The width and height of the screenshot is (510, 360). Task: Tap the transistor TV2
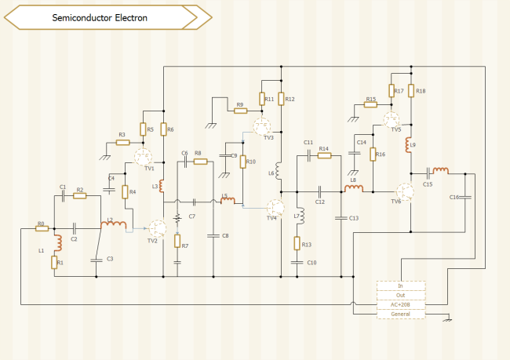[x=158, y=227]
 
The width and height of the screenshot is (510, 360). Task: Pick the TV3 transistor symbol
[x=264, y=125]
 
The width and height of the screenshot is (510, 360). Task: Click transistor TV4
[x=274, y=207]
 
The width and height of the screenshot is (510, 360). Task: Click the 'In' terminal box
[x=401, y=285]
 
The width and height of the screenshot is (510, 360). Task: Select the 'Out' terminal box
[x=401, y=295]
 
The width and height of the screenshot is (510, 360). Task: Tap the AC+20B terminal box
[x=401, y=304]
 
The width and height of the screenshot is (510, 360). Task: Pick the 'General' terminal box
[x=401, y=314]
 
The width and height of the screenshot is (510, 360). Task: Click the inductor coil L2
[x=115, y=227]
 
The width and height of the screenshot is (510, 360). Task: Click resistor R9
[x=240, y=111]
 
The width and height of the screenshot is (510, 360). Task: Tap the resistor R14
[x=324, y=155]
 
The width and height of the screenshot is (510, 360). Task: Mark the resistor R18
[x=411, y=91]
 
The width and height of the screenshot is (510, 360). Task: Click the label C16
[x=454, y=198]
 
